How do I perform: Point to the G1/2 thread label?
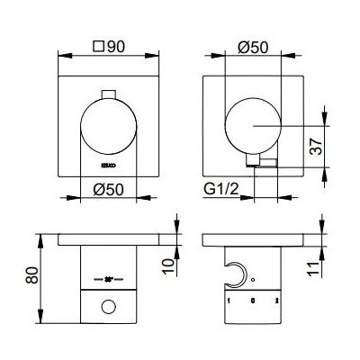point(221,189)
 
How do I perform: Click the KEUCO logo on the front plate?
point(106,165)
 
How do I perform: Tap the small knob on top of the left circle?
point(110,94)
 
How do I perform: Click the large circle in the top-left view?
point(109,129)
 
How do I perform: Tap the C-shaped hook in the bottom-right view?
point(237,274)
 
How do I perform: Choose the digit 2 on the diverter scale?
point(278,298)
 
